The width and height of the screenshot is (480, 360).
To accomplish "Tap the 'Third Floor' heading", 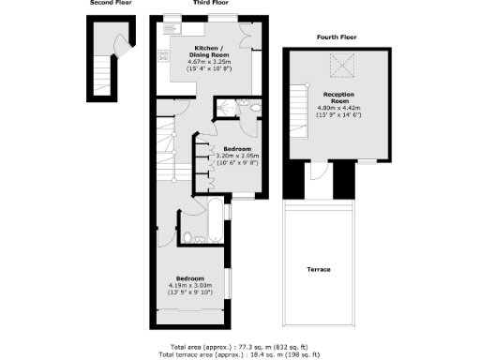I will pyautogui.click(x=211, y=3).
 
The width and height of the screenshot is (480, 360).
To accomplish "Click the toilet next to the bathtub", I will pyautogui.click(x=187, y=236).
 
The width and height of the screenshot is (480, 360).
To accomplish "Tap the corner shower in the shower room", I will pyautogui.click(x=226, y=111).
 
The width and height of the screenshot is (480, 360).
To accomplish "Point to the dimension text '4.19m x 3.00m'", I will pyautogui.click(x=193, y=285).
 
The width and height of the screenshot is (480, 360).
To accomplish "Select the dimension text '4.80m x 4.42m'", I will pyautogui.click(x=337, y=108).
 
